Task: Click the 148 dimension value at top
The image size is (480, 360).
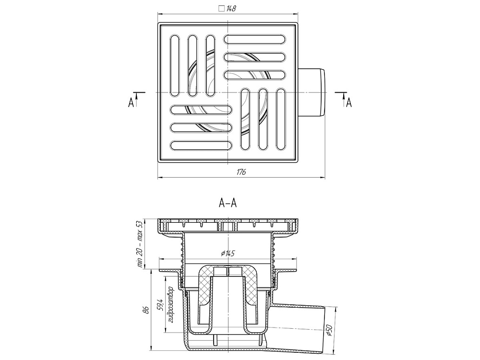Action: pyautogui.click(x=231, y=9)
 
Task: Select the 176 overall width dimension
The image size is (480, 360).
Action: pyautogui.click(x=241, y=172)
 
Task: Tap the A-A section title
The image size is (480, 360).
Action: pyautogui.click(x=228, y=203)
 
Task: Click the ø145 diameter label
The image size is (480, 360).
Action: pyautogui.click(x=228, y=253)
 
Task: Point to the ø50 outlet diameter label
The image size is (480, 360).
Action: pyautogui.click(x=329, y=331)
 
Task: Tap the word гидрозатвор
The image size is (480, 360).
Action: pyautogui.click(x=171, y=305)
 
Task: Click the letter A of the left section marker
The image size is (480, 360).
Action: pyautogui.click(x=131, y=103)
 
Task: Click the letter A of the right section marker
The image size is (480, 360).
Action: pyautogui.click(x=348, y=103)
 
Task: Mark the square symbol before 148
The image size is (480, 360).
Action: pyautogui.click(x=222, y=8)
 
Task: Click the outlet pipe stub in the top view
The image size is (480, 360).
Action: pyautogui.click(x=312, y=92)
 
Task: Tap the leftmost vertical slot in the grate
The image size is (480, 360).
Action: pyautogui.click(x=174, y=66)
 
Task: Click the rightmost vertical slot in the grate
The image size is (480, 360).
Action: pyautogui.click(x=281, y=120)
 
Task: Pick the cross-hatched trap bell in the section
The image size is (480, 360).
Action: pyautogui.click(x=228, y=294)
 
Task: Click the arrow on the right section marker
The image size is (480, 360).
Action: pyautogui.click(x=344, y=99)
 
